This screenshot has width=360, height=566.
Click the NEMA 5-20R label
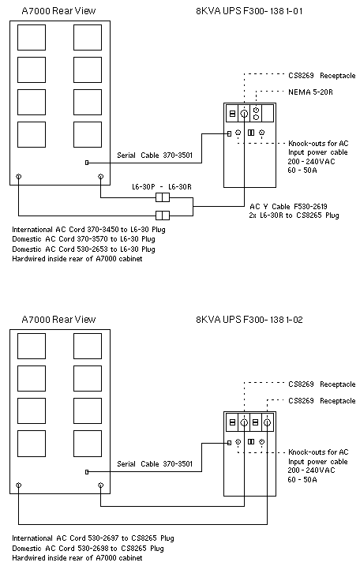310,92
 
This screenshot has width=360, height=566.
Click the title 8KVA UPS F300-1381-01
249,11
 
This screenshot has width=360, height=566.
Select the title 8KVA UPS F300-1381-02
249,320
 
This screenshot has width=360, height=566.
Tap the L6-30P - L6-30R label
161,187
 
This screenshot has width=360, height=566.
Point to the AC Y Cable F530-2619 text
288,207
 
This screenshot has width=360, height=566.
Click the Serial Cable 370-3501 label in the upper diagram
155,156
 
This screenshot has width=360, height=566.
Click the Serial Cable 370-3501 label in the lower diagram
155,464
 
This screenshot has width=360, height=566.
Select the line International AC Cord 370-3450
89,230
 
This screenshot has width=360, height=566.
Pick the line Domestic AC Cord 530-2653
84,249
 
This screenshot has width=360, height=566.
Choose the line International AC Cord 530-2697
93,538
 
